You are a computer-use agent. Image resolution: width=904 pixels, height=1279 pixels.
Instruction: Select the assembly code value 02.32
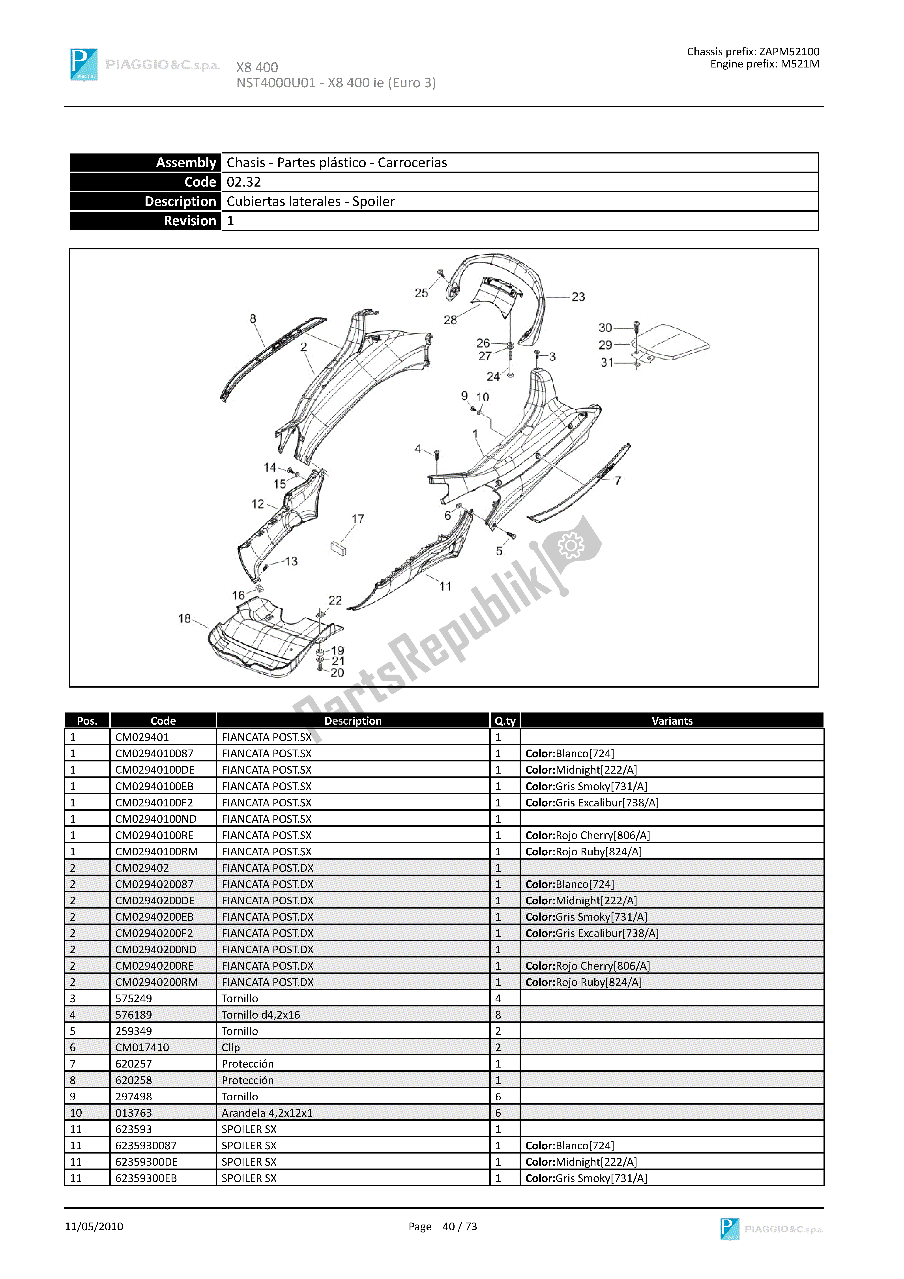tap(243, 182)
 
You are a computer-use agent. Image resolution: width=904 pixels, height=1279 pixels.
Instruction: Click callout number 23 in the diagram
tap(578, 297)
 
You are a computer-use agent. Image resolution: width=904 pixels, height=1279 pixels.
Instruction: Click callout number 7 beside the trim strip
tap(618, 481)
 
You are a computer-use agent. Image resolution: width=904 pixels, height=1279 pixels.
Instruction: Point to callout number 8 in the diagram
tap(253, 319)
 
